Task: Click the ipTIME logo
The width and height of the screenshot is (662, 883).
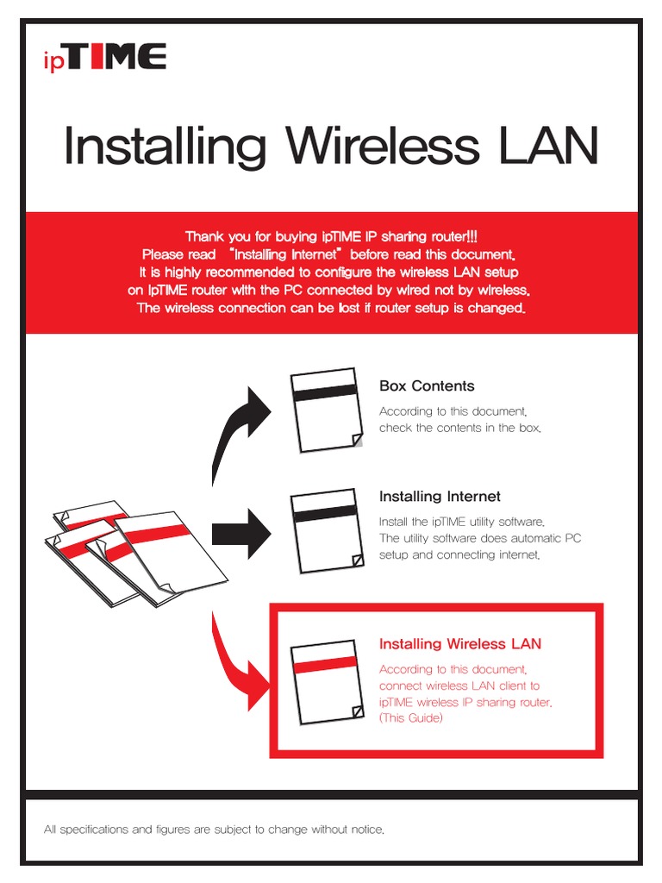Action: (x=105, y=59)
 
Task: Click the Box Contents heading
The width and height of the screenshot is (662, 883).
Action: (x=427, y=386)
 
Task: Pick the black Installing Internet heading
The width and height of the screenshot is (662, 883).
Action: (x=440, y=497)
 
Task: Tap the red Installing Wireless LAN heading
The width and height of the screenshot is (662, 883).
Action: (x=460, y=644)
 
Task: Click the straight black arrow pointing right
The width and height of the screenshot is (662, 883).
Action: (x=241, y=532)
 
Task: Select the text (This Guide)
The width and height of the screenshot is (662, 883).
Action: (x=411, y=718)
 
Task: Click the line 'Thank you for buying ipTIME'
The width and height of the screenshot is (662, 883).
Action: (x=330, y=236)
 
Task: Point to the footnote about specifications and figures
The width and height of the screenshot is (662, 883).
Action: (x=214, y=830)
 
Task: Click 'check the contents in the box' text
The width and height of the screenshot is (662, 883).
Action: (x=460, y=429)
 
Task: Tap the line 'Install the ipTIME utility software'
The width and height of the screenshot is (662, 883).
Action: (x=463, y=522)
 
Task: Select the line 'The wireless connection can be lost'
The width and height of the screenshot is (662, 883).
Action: (x=330, y=309)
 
